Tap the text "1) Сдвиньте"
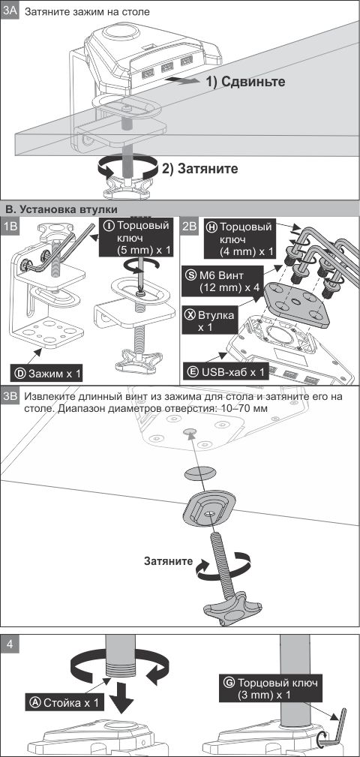point(246,82)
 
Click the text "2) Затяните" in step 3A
point(199,169)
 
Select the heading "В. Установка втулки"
point(61,209)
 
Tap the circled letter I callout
point(109,226)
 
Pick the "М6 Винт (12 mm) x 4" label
point(223,281)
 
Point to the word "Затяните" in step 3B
point(169,561)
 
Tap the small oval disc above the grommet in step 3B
point(201,473)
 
